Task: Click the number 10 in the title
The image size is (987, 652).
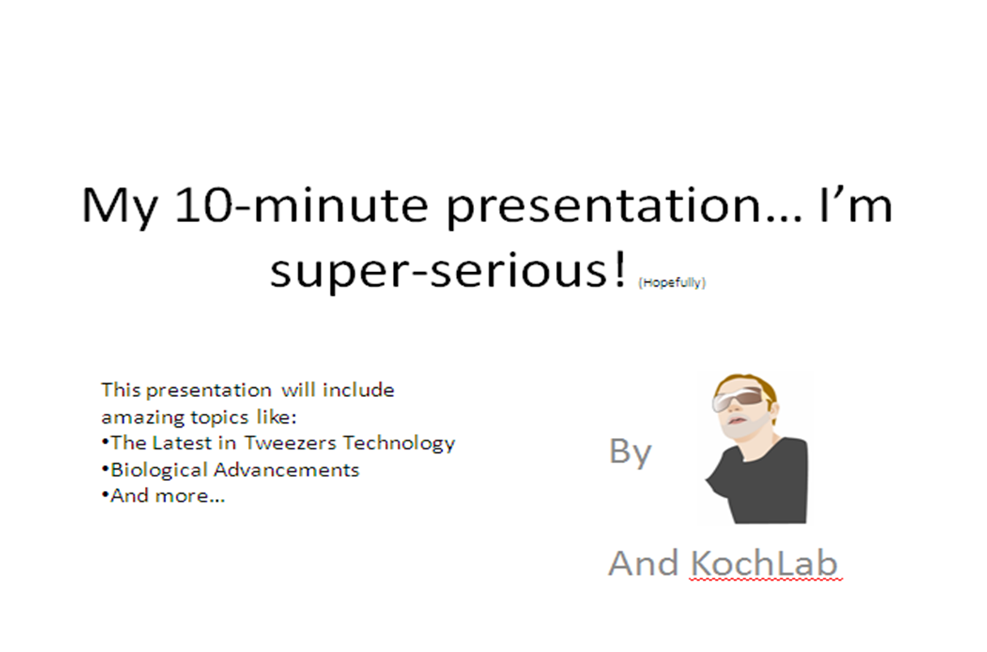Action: pos(203,206)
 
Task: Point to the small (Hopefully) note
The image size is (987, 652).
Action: pos(672,283)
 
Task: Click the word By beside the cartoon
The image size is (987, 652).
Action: pos(630,452)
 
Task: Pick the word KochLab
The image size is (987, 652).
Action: pos(763,564)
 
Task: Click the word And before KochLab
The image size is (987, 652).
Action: pos(643,564)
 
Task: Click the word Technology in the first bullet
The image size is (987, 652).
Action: pos(399,444)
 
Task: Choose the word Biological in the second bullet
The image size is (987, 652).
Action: pos(159,470)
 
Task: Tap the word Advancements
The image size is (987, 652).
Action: pos(286,470)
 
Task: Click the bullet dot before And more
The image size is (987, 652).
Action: pos(105,495)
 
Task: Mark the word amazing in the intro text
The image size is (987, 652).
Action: pos(143,418)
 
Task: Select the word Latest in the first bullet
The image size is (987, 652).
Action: pos(182,443)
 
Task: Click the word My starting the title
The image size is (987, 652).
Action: pos(119,208)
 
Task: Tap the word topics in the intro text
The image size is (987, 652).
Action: pos(220,418)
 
